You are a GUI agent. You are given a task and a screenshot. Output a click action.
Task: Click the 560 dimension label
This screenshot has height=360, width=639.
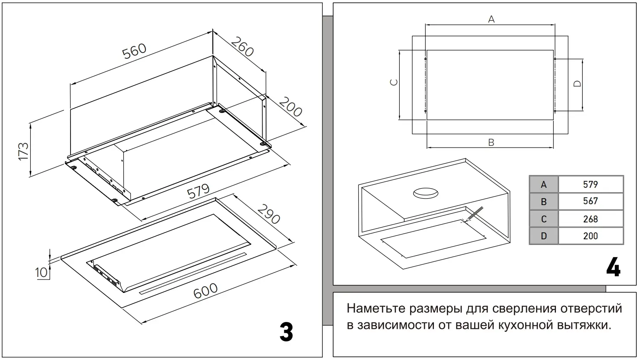(x=135, y=51)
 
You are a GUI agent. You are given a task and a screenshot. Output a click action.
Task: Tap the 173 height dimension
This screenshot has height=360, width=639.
(x=23, y=151)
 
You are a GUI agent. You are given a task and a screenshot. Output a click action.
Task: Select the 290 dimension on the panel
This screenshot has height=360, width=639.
(x=269, y=213)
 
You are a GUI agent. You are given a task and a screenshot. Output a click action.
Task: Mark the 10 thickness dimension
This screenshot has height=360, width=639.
(x=42, y=272)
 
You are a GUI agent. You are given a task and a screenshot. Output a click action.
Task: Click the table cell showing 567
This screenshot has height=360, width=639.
(x=590, y=201)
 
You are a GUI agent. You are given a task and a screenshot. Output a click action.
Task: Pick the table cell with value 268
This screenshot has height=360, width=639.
(x=590, y=219)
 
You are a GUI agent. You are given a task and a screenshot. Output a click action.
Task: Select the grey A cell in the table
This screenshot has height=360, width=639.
(x=544, y=184)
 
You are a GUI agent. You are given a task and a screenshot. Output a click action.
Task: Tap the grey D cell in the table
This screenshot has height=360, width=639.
(x=544, y=236)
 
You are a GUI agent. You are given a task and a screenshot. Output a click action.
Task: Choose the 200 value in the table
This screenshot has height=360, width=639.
(x=590, y=236)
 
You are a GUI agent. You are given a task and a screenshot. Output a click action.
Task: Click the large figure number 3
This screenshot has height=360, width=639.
(x=286, y=332)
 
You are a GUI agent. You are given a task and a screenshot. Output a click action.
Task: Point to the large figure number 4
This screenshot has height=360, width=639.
(x=613, y=269)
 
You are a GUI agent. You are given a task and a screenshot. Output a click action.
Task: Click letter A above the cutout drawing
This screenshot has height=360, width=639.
(x=491, y=19)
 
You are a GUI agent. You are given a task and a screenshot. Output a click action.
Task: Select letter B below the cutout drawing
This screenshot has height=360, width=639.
(x=491, y=142)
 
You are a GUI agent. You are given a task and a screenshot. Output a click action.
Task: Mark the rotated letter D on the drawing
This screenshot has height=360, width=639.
(x=577, y=83)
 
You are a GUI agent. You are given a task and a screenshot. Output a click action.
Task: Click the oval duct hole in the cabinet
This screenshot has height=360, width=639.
(x=426, y=193)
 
